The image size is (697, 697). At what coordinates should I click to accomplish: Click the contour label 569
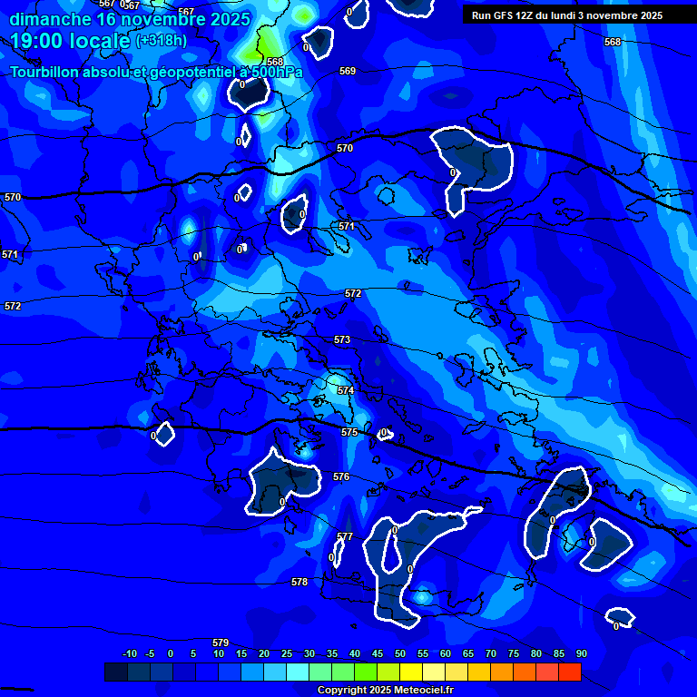(x=348, y=71)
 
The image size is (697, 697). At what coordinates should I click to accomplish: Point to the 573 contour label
(x=342, y=339)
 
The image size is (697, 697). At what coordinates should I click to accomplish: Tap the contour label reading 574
(x=346, y=390)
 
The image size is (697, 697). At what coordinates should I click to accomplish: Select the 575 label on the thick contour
(x=349, y=433)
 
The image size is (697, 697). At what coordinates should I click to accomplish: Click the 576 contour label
(x=341, y=476)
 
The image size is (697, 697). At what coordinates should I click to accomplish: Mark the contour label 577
(x=345, y=536)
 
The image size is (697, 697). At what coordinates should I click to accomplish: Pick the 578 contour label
(x=299, y=582)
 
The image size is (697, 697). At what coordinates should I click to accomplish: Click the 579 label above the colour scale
(x=221, y=643)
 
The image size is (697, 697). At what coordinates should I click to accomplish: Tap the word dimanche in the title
(x=50, y=18)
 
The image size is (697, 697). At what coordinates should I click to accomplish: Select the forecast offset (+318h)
(x=162, y=41)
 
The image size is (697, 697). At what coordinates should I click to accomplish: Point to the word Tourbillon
(x=44, y=72)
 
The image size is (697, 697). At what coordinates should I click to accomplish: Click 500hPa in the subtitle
(x=276, y=72)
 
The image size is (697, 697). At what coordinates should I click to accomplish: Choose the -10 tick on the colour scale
(x=130, y=653)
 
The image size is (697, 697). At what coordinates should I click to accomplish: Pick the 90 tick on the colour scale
(x=581, y=653)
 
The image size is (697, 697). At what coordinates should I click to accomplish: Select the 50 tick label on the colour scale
(x=400, y=653)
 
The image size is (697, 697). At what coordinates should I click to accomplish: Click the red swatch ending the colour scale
(x=569, y=672)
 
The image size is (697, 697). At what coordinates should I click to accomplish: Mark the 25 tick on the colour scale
(x=287, y=653)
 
